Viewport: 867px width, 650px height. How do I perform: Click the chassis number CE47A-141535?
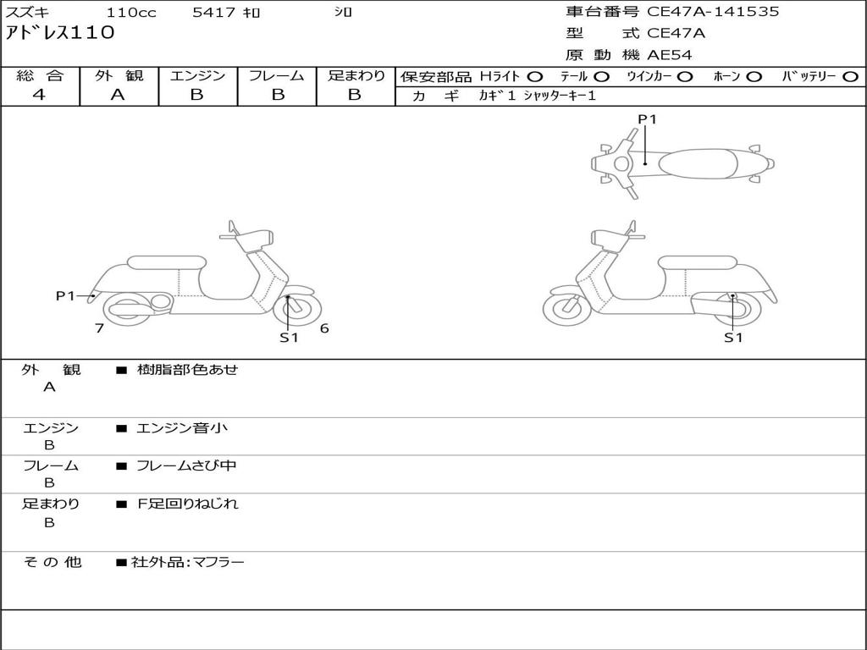(713, 12)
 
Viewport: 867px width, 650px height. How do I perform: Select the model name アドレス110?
(60, 33)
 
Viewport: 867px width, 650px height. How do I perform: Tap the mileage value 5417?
(214, 12)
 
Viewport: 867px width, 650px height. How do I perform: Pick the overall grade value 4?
(39, 95)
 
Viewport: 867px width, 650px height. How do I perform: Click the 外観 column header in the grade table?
(119, 75)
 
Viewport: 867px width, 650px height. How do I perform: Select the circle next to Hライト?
(535, 77)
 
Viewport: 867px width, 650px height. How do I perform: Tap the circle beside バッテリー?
(850, 77)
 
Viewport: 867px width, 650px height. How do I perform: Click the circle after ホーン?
(754, 77)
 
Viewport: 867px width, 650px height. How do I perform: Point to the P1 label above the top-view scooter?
(647, 118)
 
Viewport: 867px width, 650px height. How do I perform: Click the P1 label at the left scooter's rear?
(65, 296)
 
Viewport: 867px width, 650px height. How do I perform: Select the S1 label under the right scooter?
(733, 338)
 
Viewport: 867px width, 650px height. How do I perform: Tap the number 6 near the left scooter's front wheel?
(324, 328)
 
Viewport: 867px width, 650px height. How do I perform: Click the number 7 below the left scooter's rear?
(100, 328)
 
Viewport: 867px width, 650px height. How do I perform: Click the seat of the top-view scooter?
(699, 163)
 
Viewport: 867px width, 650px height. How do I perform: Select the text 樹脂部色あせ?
(187, 369)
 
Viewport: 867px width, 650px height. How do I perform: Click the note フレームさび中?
(186, 466)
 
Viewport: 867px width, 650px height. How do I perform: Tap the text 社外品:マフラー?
(187, 563)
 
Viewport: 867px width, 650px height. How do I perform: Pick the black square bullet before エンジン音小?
(122, 428)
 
